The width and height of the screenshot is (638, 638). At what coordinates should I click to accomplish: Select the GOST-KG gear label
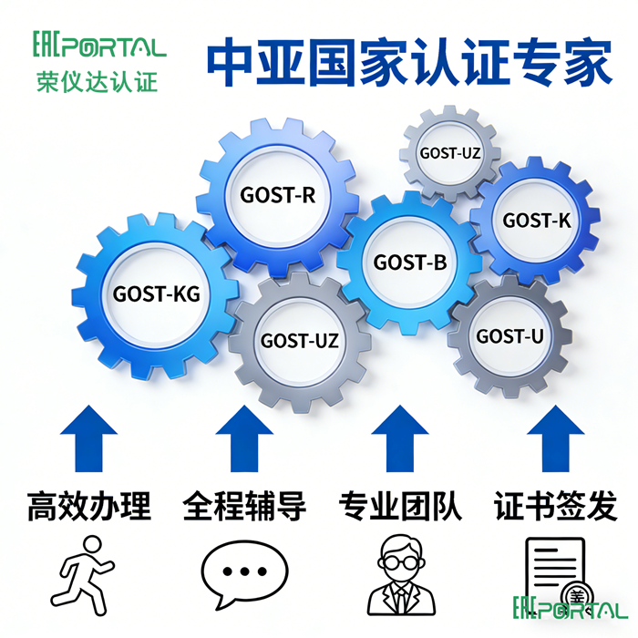(156, 293)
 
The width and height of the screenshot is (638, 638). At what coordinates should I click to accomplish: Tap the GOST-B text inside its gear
(410, 262)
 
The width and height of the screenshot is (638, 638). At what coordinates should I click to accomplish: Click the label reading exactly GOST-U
(509, 336)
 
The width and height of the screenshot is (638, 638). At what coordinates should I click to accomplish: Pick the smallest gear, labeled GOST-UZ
(449, 152)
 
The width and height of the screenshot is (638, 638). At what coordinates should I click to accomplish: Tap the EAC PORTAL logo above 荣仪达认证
(99, 45)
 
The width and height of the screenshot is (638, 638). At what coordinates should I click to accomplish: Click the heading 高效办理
(89, 505)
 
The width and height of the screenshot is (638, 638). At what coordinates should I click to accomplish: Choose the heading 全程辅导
(244, 505)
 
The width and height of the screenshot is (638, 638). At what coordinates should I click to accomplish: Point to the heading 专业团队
(400, 505)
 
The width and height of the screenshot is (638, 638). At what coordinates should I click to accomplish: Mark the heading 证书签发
(556, 505)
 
